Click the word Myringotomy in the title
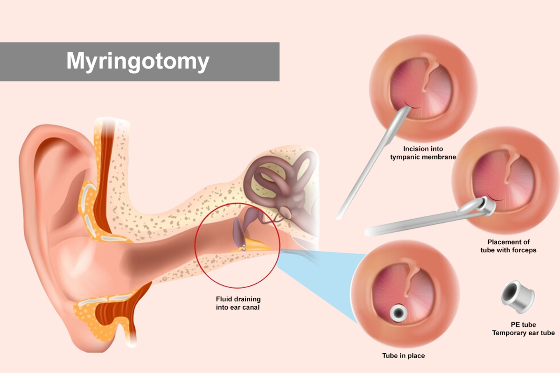(x=138, y=61)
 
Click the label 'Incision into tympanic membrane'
(x=423, y=153)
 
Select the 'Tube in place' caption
(x=403, y=356)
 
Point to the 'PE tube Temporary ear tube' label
(x=523, y=329)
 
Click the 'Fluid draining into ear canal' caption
(x=238, y=303)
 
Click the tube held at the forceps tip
(x=485, y=207)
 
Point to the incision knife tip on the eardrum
(x=410, y=108)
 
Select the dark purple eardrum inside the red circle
(x=238, y=231)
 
